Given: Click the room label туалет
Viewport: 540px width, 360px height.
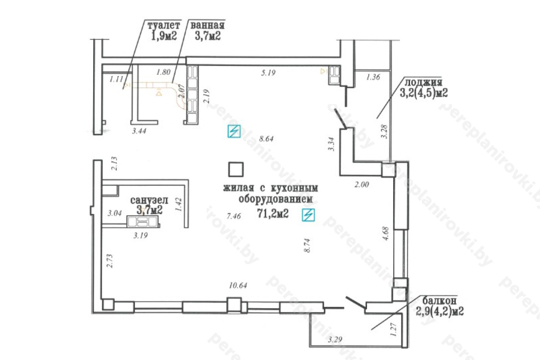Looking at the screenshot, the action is tap(164, 25).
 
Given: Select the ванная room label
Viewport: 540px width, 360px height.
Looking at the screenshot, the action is tap(208, 25).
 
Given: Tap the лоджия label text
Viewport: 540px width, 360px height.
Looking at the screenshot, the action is tap(423, 82).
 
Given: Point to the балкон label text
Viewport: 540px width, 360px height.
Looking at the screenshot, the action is tap(440, 300).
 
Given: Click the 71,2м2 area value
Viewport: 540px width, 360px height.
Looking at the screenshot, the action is tap(273, 213).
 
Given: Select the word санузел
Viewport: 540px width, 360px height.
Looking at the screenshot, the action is tap(149, 200).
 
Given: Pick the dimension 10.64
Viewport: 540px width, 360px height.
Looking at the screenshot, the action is tap(238, 285).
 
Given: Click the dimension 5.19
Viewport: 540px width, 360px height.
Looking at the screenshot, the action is tap(268, 73).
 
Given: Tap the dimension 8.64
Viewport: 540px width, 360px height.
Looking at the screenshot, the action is tap(266, 139).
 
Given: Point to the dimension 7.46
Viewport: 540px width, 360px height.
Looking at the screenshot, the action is tap(234, 216).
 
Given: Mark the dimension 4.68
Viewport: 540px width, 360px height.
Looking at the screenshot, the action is tap(386, 233).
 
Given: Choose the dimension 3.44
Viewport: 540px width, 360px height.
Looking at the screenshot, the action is tap(139, 131).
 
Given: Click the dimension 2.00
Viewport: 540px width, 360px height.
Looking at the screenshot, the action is tap(362, 185).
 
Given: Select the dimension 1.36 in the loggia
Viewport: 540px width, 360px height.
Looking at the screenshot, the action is tap(373, 77).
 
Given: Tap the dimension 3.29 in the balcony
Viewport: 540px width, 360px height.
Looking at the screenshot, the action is tap(335, 339).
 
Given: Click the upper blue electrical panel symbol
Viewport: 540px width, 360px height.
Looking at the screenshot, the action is tap(234, 131).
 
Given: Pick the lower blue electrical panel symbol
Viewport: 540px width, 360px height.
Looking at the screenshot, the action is tap(308, 215).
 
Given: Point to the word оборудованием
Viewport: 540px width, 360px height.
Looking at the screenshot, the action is tap(275, 199).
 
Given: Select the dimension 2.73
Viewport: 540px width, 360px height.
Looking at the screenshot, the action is tap(110, 261).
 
